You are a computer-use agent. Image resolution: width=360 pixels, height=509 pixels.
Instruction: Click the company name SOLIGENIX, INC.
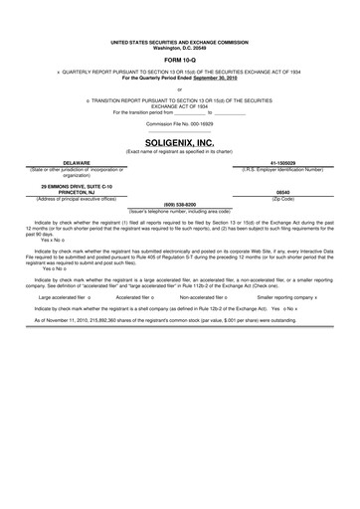179,143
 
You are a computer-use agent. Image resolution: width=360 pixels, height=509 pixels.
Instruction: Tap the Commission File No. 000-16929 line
179,123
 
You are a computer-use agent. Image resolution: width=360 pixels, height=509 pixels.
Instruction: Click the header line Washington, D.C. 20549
179,48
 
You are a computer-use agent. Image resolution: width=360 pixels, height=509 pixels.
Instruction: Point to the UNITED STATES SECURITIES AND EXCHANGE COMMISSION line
179,43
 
